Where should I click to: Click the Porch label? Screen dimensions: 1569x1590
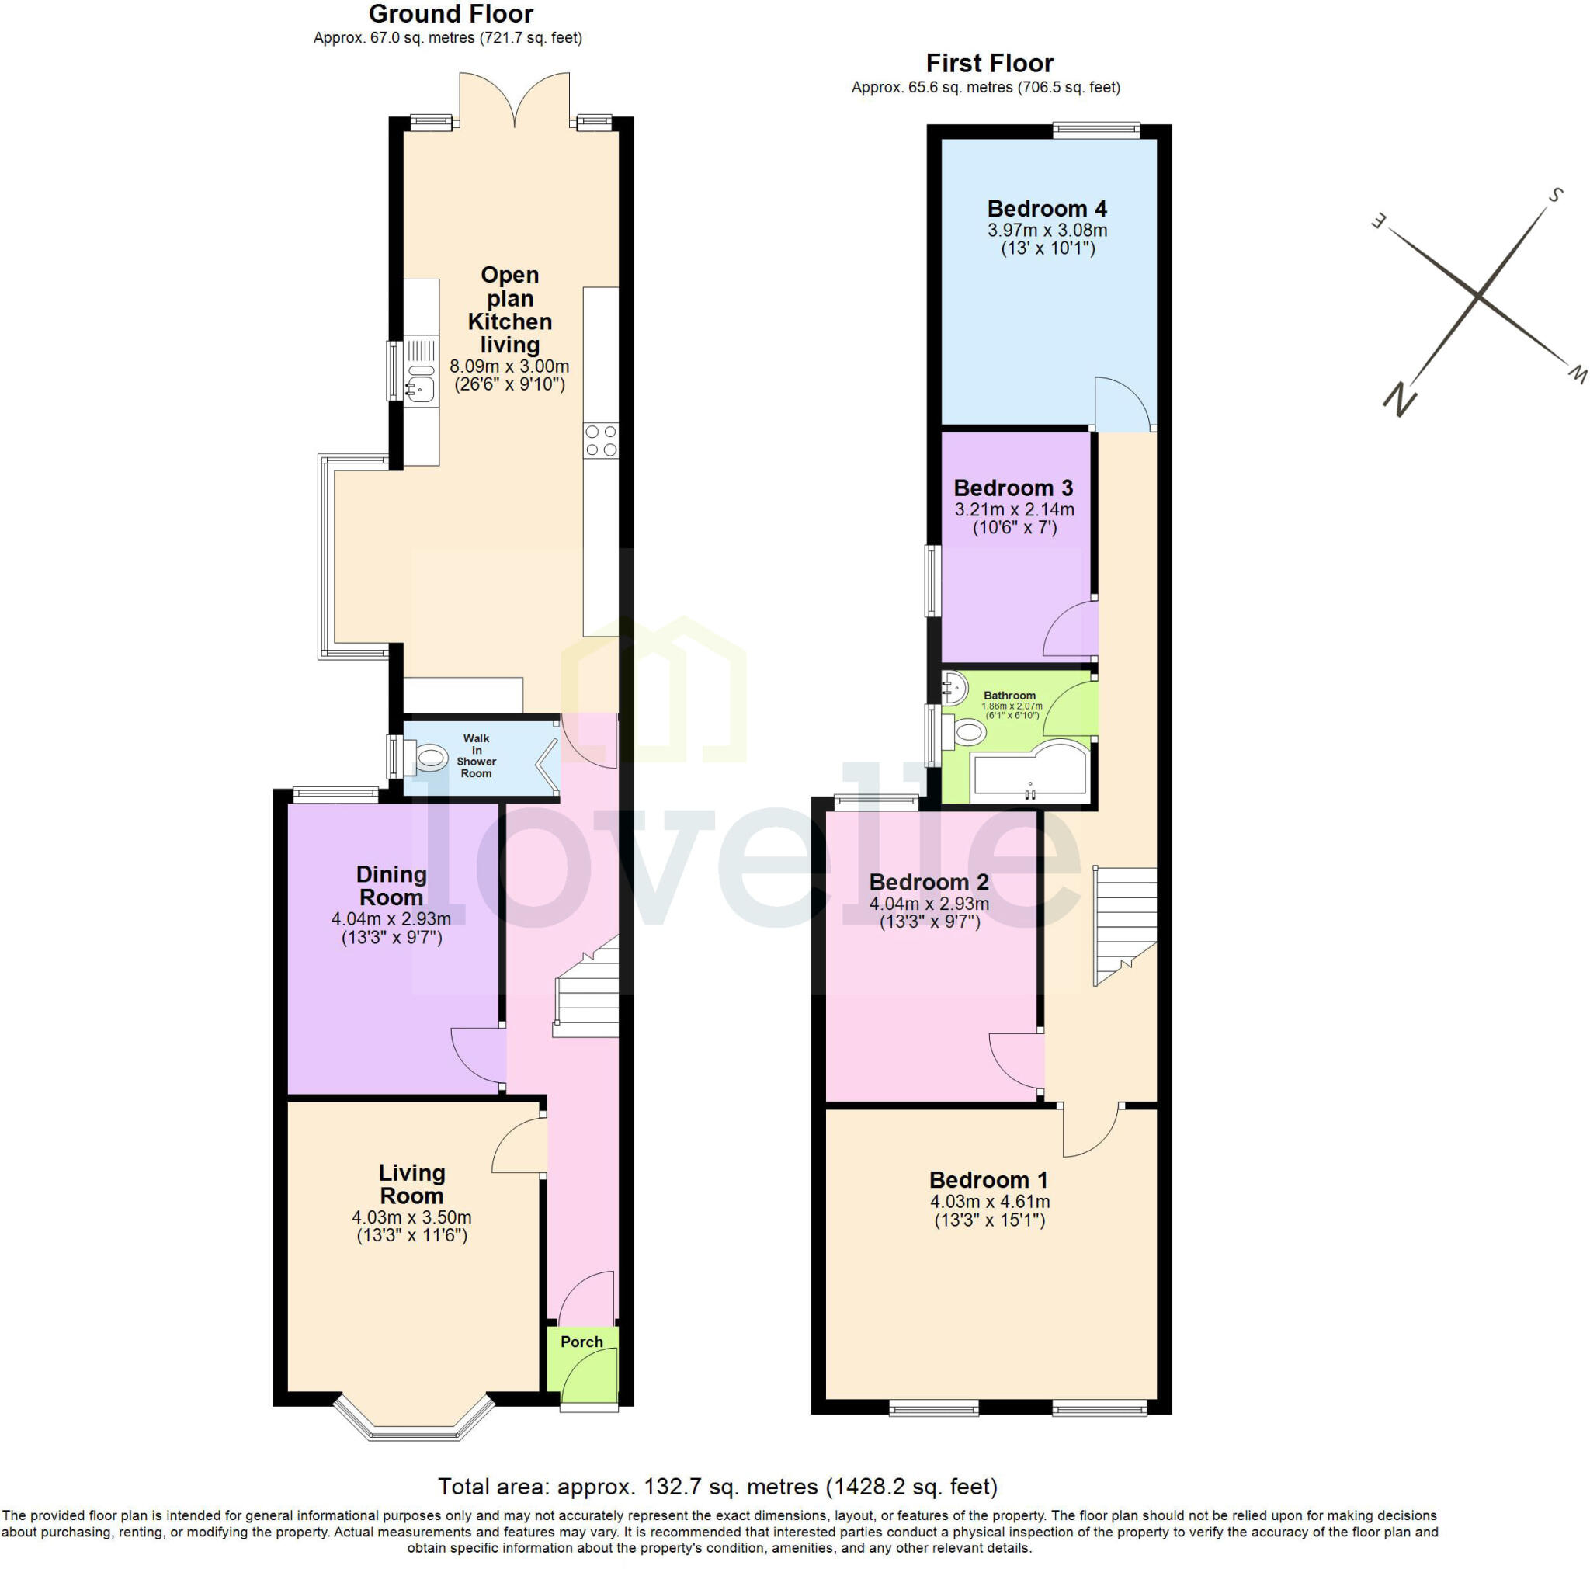pyautogui.click(x=581, y=1341)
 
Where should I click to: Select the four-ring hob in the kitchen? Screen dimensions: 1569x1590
pyautogui.click(x=601, y=440)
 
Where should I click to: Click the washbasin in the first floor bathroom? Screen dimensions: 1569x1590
pyautogui.click(x=954, y=687)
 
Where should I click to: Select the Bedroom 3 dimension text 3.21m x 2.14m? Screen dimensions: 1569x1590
pyautogui.click(x=1013, y=509)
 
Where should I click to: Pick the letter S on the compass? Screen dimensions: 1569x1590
pyautogui.click(x=1554, y=195)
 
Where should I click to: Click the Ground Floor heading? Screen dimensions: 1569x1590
pyautogui.click(x=450, y=14)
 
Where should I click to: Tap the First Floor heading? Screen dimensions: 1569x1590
pyautogui.click(x=989, y=64)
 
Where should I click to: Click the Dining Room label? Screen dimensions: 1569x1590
pyautogui.click(x=391, y=885)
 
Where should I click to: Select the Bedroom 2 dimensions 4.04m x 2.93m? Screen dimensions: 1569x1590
pyautogui.click(x=929, y=904)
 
